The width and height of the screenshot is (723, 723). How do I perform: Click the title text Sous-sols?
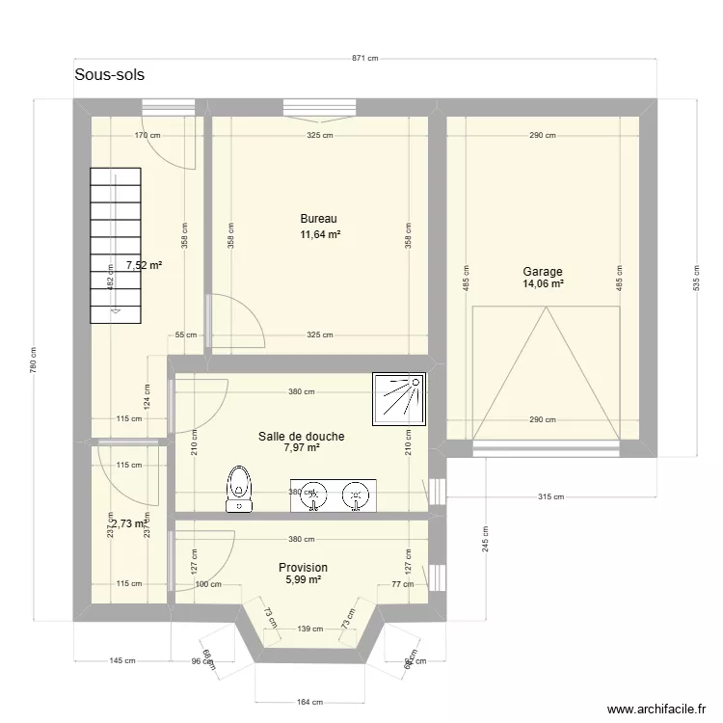pyautogui.click(x=109, y=75)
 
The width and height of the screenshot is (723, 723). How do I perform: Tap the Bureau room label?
pyautogui.click(x=318, y=219)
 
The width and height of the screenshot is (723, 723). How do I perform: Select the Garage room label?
pyautogui.click(x=543, y=272)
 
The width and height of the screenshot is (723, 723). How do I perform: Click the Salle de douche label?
pyautogui.click(x=301, y=437)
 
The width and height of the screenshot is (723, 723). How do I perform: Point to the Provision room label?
pyautogui.click(x=303, y=568)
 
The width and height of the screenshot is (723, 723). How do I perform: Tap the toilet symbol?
pyautogui.click(x=238, y=488)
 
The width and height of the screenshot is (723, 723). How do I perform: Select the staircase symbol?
pyautogui.click(x=116, y=245)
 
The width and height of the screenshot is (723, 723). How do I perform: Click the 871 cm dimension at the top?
pyautogui.click(x=364, y=59)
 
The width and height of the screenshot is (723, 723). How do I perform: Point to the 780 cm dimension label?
pyautogui.click(x=34, y=361)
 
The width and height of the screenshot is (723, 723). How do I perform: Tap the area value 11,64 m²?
pyautogui.click(x=320, y=234)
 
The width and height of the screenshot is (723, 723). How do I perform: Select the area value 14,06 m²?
pyautogui.click(x=543, y=284)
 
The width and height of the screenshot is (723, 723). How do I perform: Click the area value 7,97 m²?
pyautogui.click(x=302, y=448)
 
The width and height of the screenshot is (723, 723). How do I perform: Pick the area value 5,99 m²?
pyautogui.click(x=303, y=580)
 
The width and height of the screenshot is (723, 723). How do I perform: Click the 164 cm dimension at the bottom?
pyautogui.click(x=310, y=703)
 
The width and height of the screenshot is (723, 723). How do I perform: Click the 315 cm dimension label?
pyautogui.click(x=549, y=496)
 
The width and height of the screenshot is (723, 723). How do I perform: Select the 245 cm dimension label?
pyautogui.click(x=486, y=539)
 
